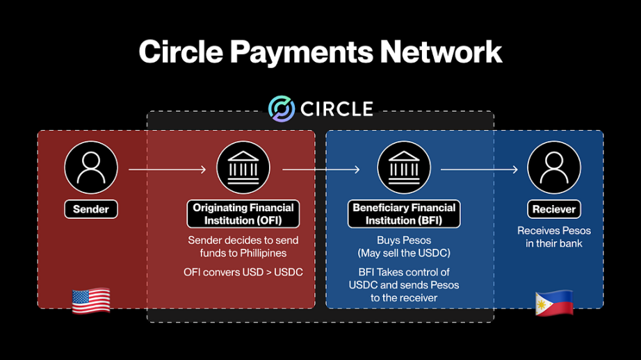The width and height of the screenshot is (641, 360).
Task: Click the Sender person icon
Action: click(91, 169)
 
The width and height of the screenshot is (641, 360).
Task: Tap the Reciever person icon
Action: click(554, 169)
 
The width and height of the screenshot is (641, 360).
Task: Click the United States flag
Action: click(91, 301)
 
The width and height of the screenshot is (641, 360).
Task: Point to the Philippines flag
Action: click(554, 303)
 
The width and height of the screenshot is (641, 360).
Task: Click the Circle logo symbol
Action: click(282, 109)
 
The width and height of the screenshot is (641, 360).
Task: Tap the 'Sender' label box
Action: click(91, 208)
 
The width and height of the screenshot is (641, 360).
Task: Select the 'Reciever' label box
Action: click(554, 208)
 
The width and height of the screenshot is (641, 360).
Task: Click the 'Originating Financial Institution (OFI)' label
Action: click(243, 214)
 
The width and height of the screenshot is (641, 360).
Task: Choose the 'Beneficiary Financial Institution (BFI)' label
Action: click(404, 214)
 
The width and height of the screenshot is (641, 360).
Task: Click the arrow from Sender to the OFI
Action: click(168, 169)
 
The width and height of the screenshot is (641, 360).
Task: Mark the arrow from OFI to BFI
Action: click(321, 169)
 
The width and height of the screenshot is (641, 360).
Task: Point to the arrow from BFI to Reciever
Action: click(480, 169)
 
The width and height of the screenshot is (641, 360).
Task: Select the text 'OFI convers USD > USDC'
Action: click(243, 272)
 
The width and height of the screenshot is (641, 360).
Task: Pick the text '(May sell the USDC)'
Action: click(404, 252)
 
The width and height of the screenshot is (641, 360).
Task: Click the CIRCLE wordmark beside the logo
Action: click(336, 109)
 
